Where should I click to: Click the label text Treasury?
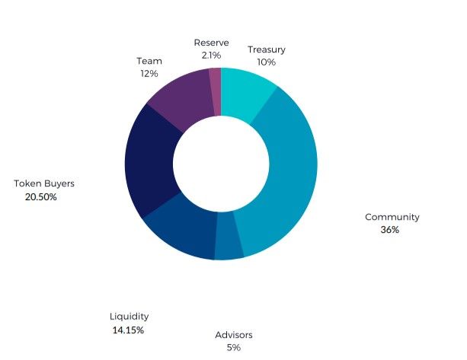(267, 49)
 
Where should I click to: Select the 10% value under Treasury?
(267, 62)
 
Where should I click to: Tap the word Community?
(392, 217)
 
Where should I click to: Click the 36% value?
(390, 230)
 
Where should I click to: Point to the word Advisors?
(233, 335)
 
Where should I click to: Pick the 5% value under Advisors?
(233, 348)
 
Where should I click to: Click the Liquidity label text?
(129, 317)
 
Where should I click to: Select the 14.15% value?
(127, 330)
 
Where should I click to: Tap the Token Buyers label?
(44, 183)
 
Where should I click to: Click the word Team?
(149, 60)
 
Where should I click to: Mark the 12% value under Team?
(149, 74)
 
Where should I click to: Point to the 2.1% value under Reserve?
(211, 56)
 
